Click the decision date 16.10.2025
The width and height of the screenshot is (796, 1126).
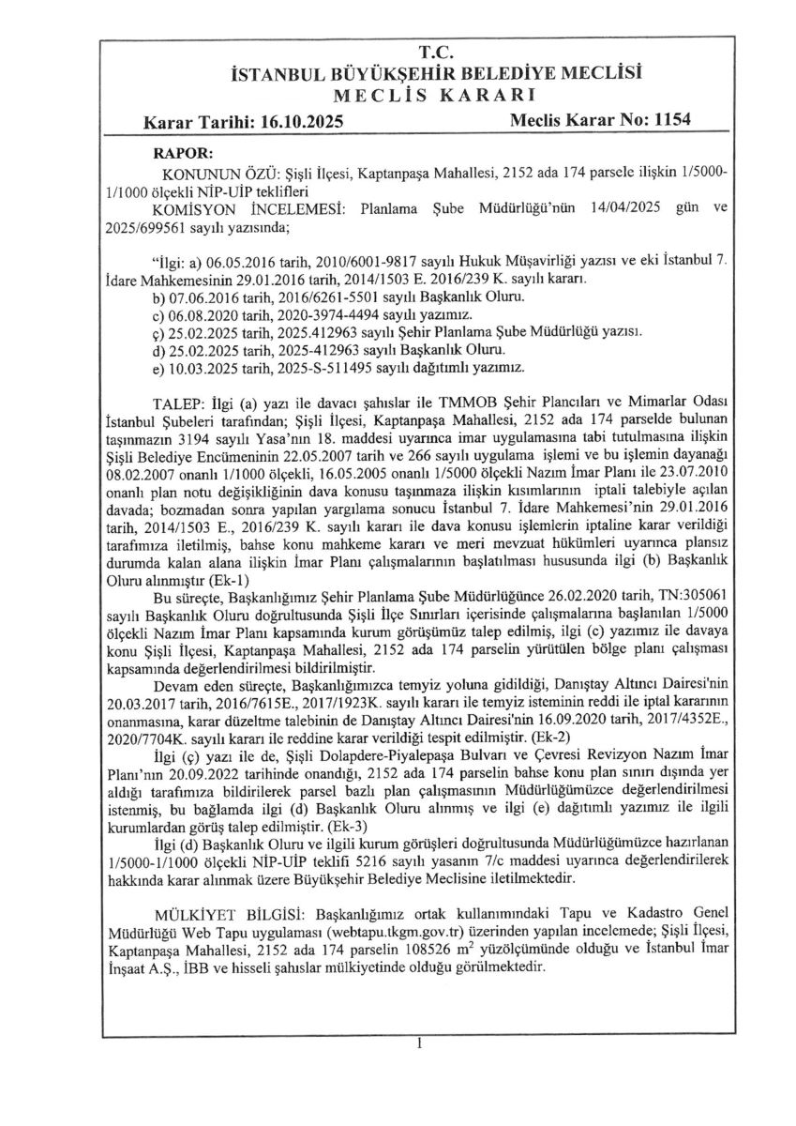(x=297, y=122)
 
